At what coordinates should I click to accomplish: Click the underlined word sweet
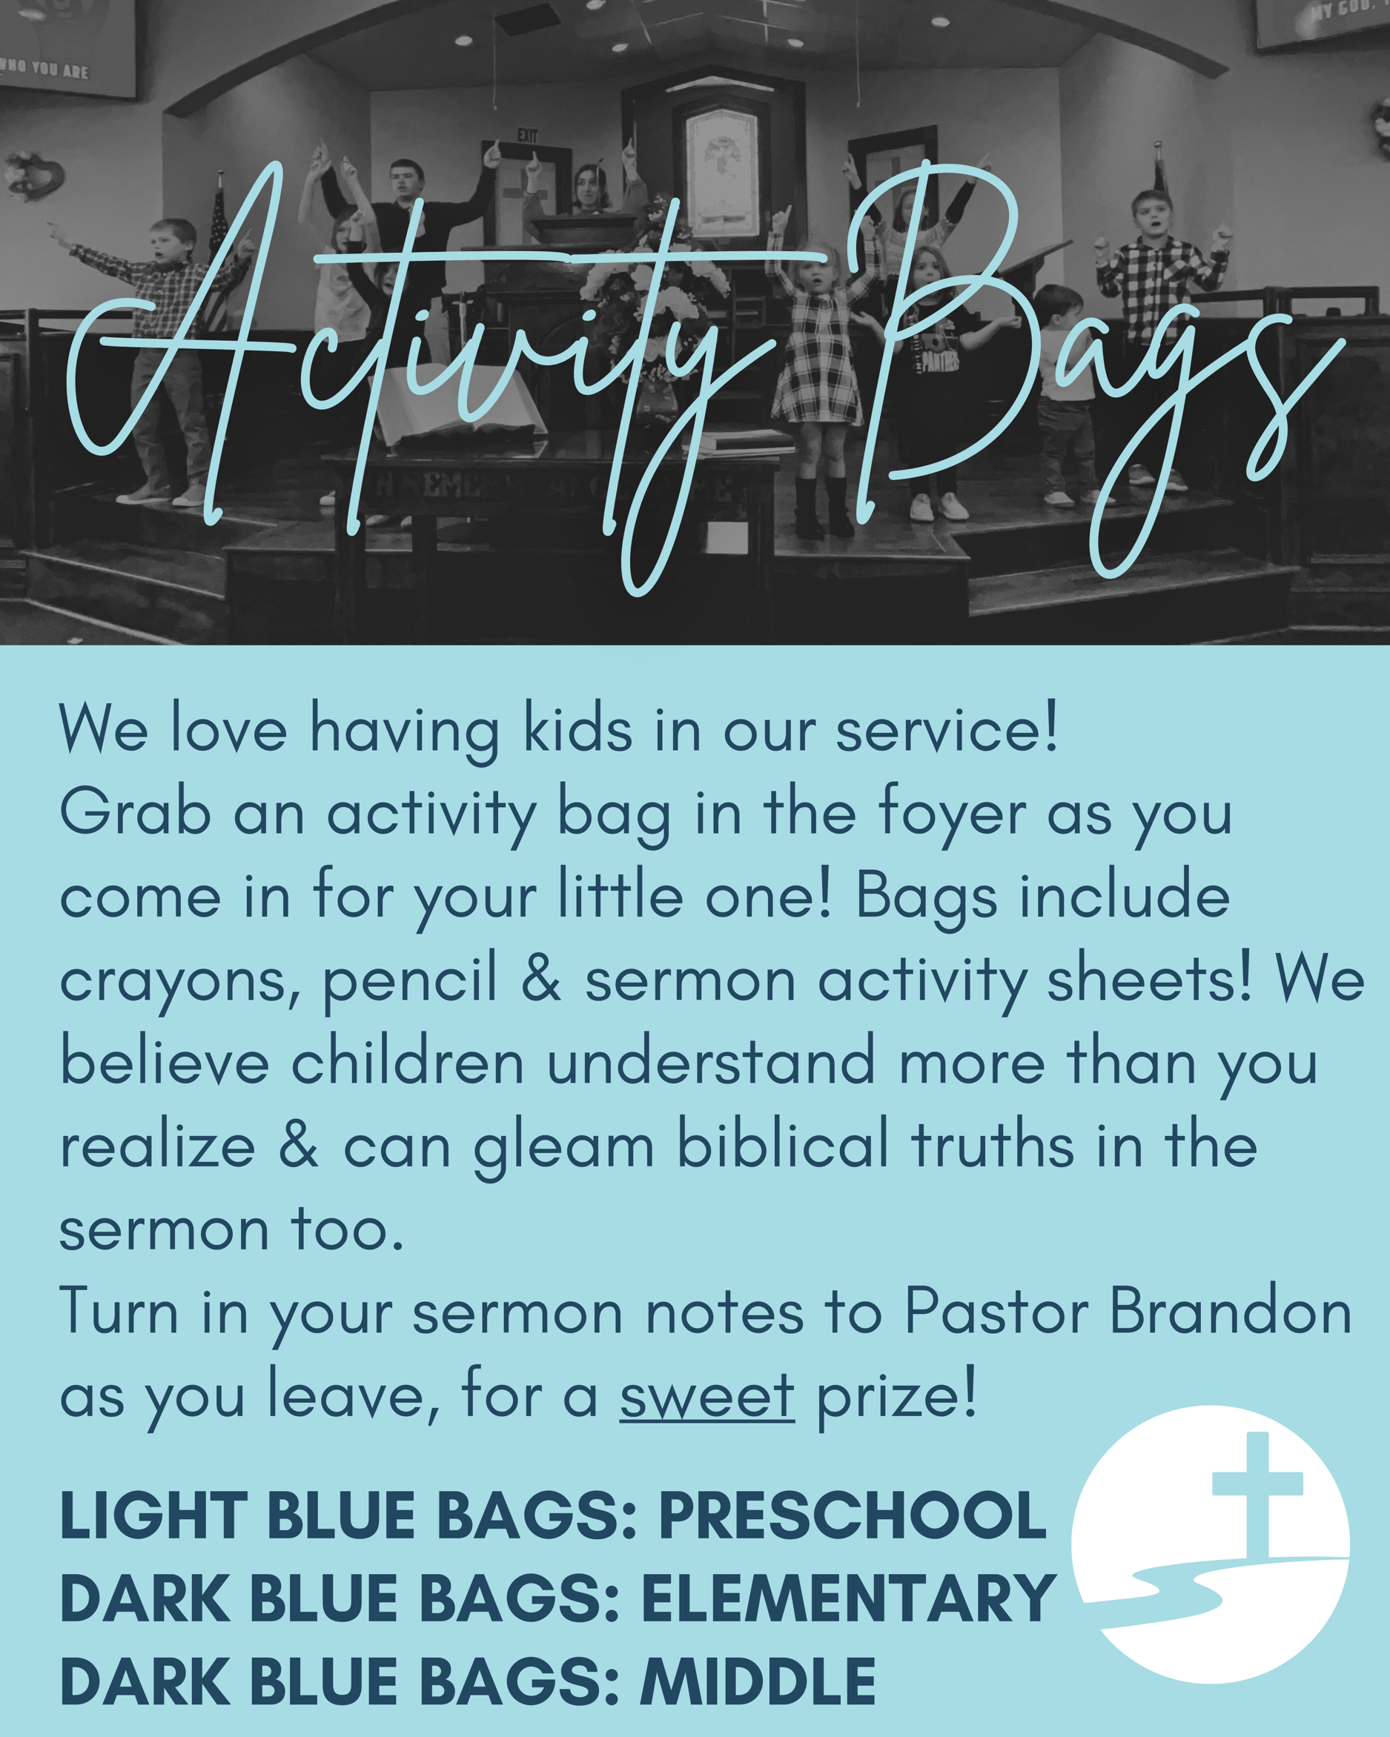[706, 1396]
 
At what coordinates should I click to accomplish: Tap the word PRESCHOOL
[853, 1515]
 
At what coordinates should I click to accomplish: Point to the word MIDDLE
[758, 1682]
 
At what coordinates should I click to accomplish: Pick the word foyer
[952, 815]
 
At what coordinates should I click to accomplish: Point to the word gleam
[563, 1147]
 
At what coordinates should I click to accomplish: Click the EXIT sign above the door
[527, 136]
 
